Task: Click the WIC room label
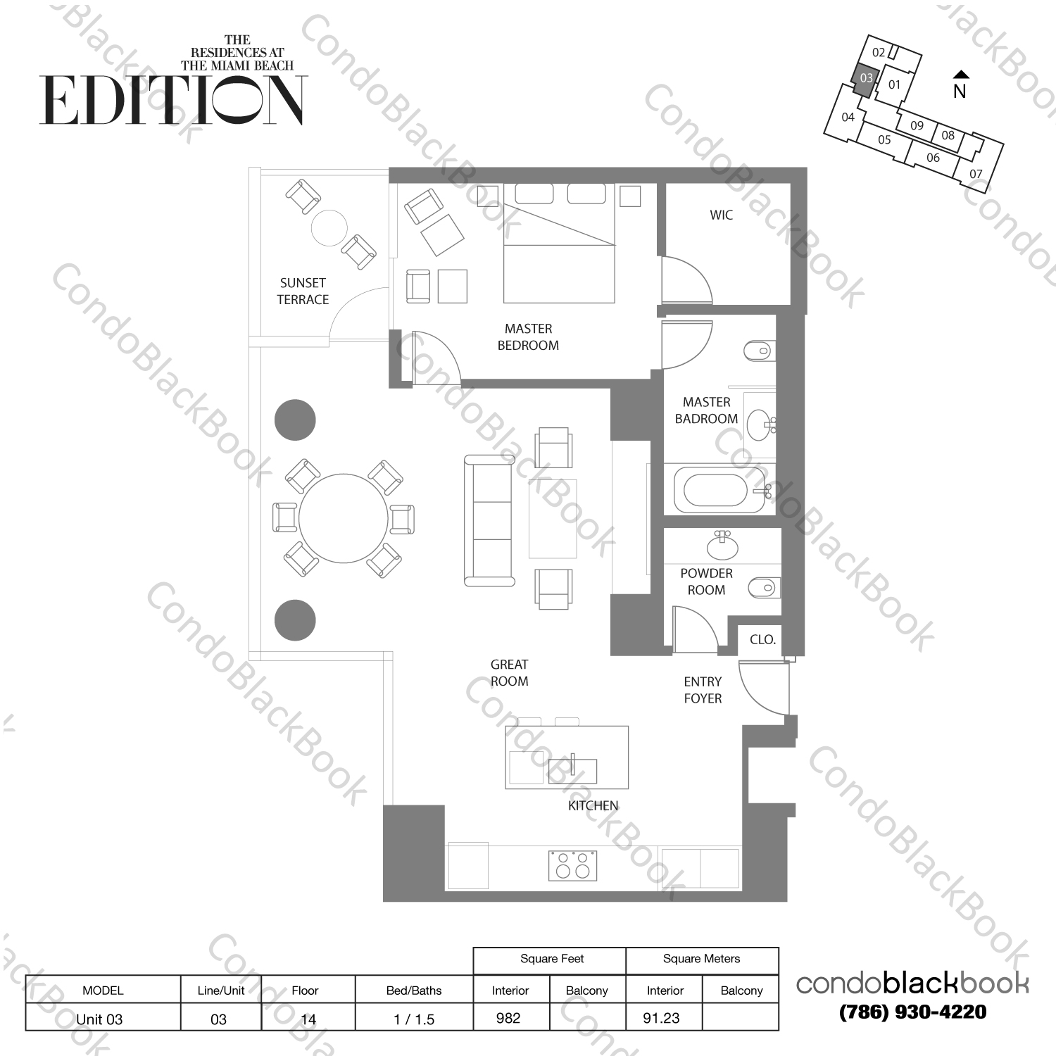coord(721,215)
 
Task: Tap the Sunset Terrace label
coord(303,291)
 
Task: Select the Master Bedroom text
coord(528,337)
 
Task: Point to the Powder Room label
coord(706,582)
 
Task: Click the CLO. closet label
coord(762,640)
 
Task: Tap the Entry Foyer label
coord(703,690)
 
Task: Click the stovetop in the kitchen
coord(573,865)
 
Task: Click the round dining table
coord(343,519)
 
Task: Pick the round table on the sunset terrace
coord(329,227)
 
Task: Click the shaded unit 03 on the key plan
coord(865,78)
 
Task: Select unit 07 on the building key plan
coord(976,174)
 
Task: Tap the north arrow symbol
coord(960,75)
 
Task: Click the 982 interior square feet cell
coord(508,1018)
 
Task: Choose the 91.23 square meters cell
coord(662,1018)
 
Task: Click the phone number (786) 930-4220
coord(913,1012)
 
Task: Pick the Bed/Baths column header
coord(414,991)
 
